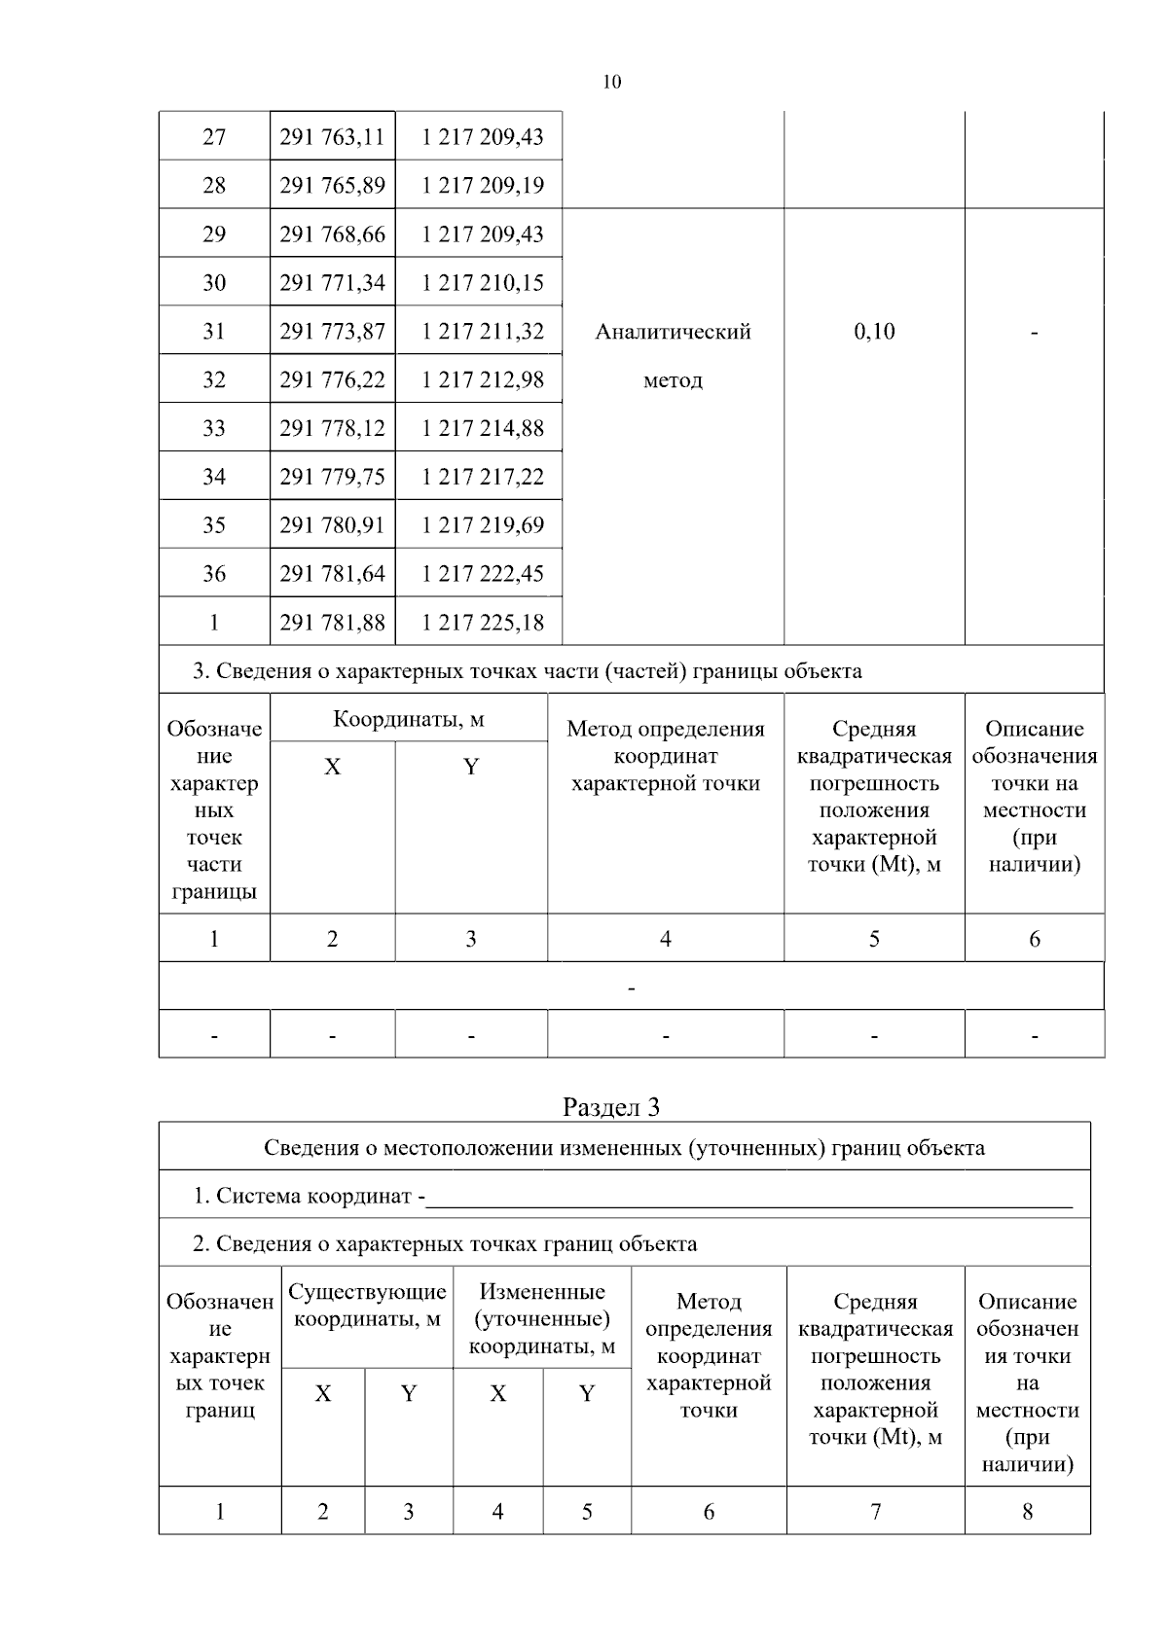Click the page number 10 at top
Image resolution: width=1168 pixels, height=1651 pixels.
[x=611, y=82]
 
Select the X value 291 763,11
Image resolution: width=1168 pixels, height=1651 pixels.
[x=332, y=137]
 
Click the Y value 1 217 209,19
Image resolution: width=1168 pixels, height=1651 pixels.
[x=482, y=185]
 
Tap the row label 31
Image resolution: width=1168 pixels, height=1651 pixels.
[x=214, y=332]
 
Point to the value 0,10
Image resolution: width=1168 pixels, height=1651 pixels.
[x=874, y=332]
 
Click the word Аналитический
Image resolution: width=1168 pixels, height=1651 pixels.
[x=673, y=332]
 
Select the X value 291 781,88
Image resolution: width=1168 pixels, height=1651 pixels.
[x=332, y=623]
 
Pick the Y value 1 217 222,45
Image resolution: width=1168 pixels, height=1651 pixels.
[x=482, y=574]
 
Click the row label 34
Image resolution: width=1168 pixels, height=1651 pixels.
[x=214, y=477]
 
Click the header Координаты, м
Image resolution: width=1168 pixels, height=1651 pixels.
[x=409, y=720]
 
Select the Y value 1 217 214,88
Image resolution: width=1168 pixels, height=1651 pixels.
[x=482, y=428]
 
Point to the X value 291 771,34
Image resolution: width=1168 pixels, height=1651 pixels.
[x=332, y=283]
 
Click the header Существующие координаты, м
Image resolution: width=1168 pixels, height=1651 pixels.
[x=367, y=1306]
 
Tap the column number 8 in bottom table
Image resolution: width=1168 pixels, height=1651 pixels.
[x=1027, y=1511]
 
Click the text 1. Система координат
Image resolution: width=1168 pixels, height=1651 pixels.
[x=307, y=1196]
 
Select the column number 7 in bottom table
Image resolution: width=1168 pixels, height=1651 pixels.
[x=875, y=1511]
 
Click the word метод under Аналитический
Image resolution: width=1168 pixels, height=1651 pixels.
[x=673, y=380]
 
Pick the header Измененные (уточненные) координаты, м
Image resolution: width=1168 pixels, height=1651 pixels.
[x=541, y=1319]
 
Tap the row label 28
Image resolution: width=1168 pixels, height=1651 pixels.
[x=214, y=185]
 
